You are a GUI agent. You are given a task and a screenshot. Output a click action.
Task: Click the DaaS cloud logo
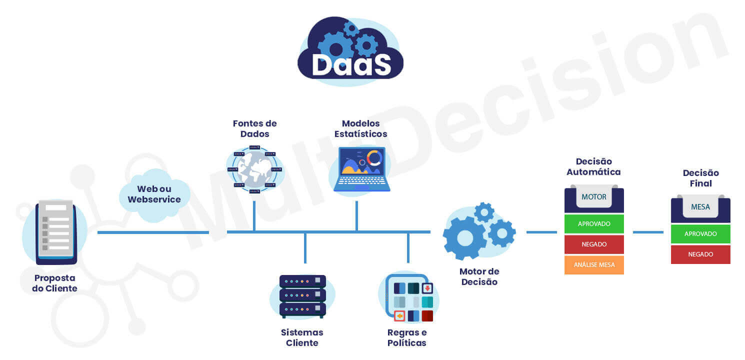[x=350, y=50]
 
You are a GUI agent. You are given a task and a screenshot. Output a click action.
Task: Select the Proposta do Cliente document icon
[x=56, y=232]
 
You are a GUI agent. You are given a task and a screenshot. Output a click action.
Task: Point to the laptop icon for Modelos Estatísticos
[x=361, y=169]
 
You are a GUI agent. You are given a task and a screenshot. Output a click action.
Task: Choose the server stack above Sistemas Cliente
[x=302, y=296]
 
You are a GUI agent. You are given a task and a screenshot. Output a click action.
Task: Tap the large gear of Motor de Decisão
[x=464, y=238]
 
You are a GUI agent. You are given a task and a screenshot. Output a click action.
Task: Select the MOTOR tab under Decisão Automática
[x=594, y=197]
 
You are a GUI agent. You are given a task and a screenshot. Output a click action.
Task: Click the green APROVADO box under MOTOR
[x=594, y=224]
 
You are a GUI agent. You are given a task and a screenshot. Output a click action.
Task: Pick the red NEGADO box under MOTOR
[x=594, y=244]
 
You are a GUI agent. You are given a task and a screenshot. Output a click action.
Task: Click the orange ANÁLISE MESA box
[x=594, y=265]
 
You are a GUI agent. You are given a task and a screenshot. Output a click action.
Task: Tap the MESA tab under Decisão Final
[x=700, y=207]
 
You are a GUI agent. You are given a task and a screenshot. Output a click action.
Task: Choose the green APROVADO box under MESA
[x=700, y=234]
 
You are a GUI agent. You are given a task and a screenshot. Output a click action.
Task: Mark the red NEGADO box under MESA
[x=700, y=254]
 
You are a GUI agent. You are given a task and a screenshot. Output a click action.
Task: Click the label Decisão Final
[x=700, y=178]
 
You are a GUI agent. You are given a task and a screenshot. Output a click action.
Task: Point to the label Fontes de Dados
[x=254, y=128]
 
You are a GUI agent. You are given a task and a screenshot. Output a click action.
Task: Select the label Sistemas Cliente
[x=302, y=337]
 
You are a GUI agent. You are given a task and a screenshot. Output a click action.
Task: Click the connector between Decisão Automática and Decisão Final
[x=648, y=232]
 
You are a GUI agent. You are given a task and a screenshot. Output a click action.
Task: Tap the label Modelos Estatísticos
[x=360, y=128]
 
